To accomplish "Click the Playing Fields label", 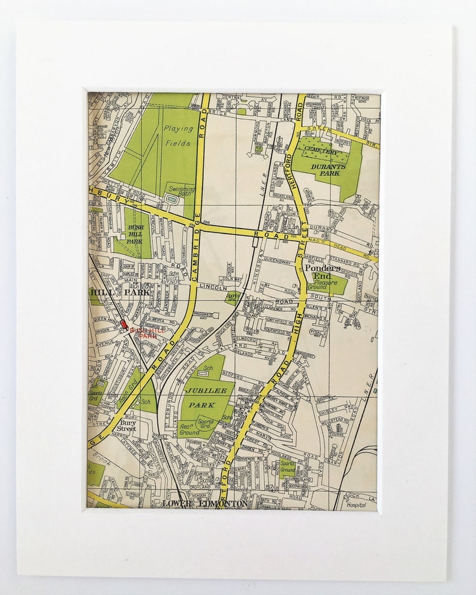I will click(178, 136).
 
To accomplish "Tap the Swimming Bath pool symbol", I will click(172, 198).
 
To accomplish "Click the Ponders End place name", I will click(322, 272).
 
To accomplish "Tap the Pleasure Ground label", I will click(327, 284).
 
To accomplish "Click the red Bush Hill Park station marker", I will click(124, 324).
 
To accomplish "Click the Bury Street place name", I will click(127, 425).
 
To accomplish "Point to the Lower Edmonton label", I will click(204, 504).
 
